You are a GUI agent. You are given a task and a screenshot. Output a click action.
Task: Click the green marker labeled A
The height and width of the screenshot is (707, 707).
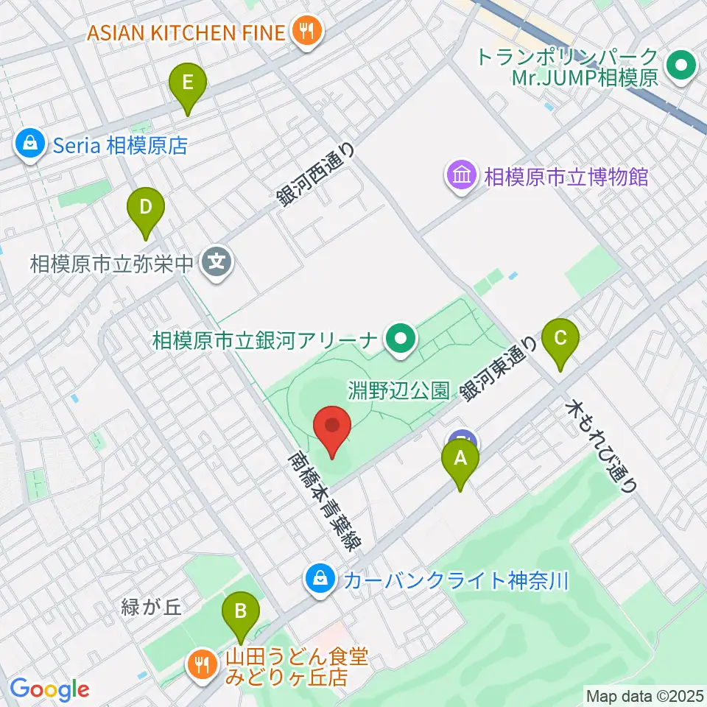point(460,459)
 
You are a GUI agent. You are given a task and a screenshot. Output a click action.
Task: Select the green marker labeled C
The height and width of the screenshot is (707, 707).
point(560,339)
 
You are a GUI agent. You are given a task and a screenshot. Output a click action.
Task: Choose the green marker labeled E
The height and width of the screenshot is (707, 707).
point(188,82)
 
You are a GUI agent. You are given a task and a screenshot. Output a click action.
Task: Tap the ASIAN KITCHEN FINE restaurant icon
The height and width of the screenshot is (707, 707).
point(305,32)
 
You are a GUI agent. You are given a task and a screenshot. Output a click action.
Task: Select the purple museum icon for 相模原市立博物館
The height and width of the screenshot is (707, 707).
point(462,177)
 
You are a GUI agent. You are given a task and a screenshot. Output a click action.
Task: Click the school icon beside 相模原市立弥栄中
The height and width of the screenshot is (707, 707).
point(217,261)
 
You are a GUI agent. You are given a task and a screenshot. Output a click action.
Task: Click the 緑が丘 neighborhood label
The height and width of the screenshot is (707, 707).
point(152,608)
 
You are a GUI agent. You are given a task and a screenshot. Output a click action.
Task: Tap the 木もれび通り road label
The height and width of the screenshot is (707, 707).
point(601,446)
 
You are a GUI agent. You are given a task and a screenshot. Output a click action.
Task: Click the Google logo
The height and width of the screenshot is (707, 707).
point(49,689)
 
